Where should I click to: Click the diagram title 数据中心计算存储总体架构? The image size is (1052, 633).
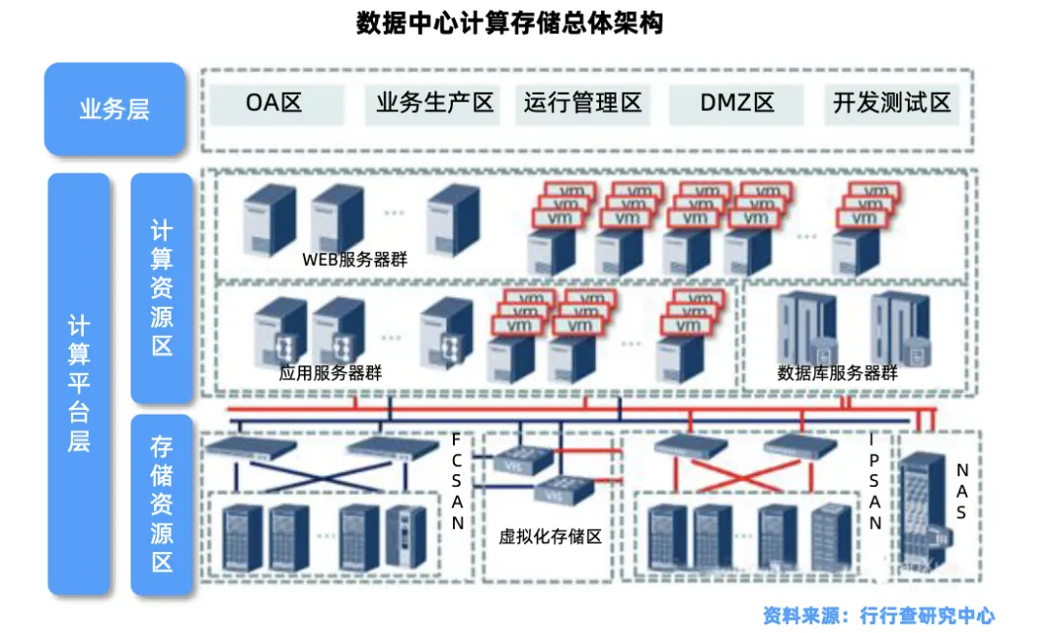tap(510, 24)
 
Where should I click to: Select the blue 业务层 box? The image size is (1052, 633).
tap(114, 108)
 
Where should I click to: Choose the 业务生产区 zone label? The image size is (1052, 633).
tap(435, 103)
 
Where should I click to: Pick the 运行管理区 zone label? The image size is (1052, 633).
tap(582, 103)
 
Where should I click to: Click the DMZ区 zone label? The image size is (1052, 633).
tap(736, 103)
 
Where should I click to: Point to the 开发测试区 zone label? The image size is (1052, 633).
tap(891, 103)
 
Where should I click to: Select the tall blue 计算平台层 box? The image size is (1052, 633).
tap(79, 383)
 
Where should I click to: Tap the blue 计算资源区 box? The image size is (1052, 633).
tap(162, 287)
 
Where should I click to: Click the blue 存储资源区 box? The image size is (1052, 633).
tap(162, 504)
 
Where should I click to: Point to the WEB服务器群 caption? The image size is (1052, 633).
tap(355, 260)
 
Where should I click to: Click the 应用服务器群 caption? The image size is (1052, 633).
tap(330, 373)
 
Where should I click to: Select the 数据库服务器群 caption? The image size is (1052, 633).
tap(838, 373)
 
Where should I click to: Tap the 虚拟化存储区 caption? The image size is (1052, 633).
tap(550, 537)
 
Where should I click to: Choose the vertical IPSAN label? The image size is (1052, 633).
tap(875, 480)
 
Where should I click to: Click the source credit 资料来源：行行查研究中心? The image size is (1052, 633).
tap(879, 615)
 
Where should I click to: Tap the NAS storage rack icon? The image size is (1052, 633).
tap(920, 516)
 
